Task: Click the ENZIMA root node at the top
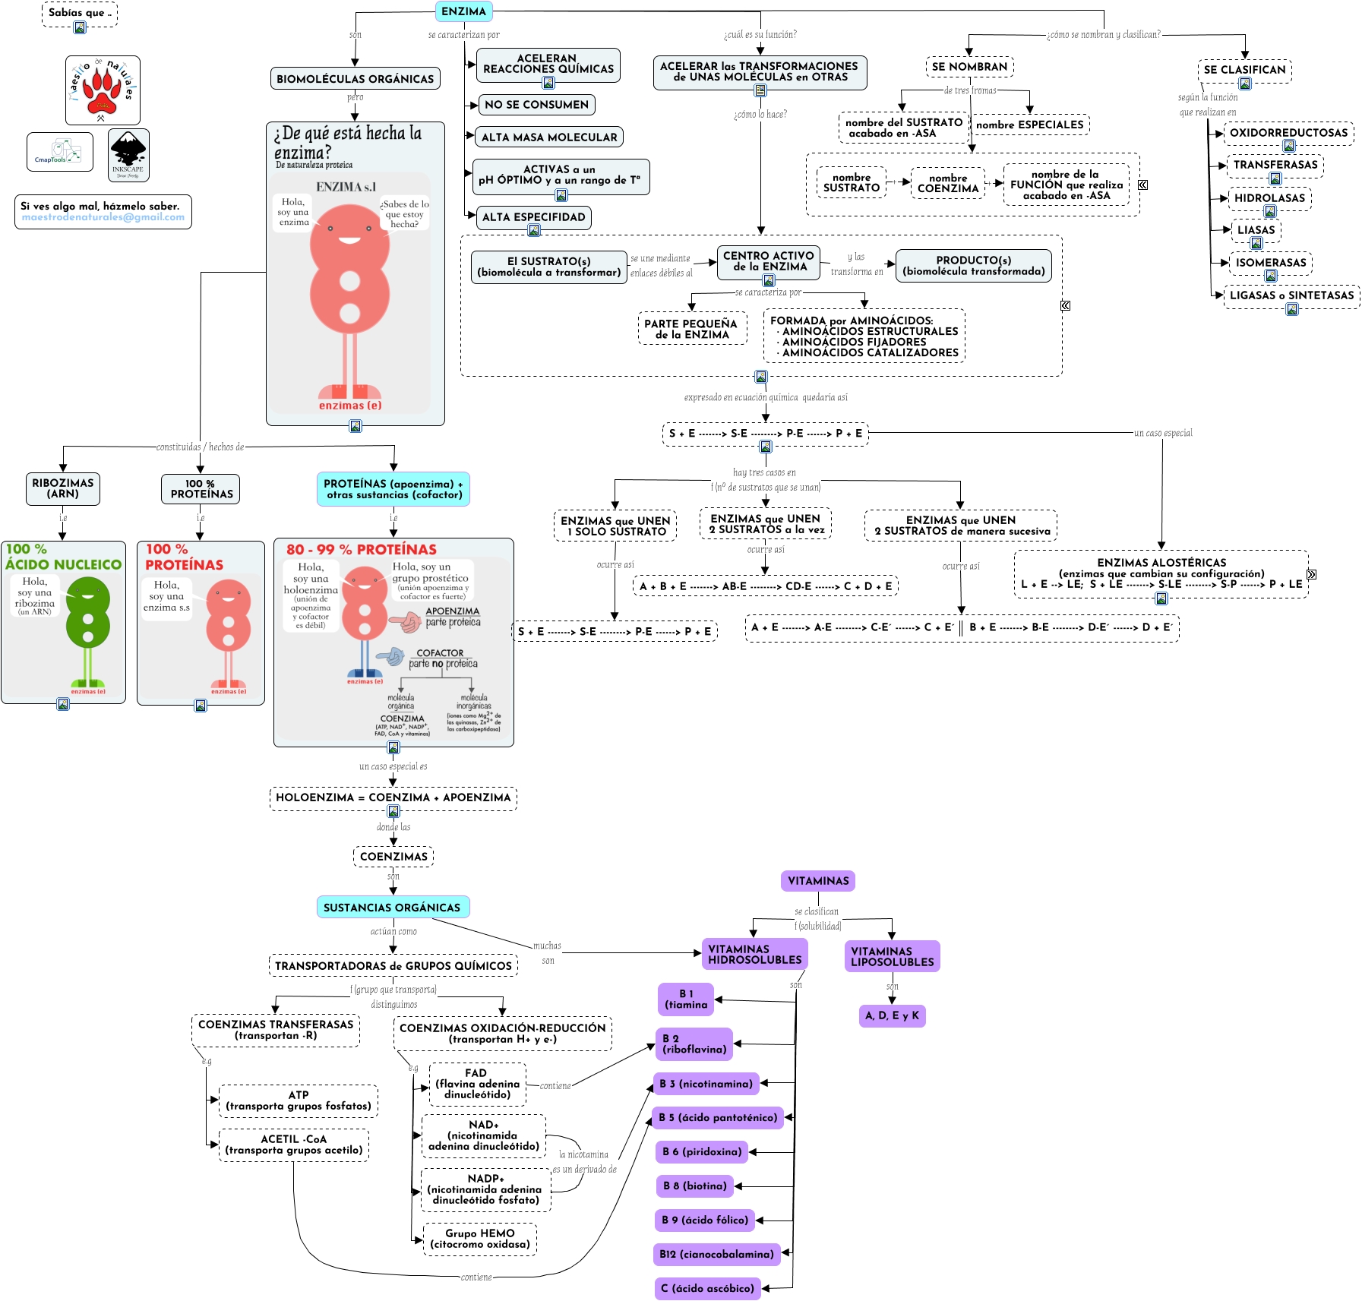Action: coord(463,11)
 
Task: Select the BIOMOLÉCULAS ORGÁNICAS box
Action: coord(355,79)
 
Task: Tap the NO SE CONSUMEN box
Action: coord(536,105)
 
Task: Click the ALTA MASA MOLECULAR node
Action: coord(548,137)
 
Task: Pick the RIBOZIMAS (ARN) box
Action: coord(63,488)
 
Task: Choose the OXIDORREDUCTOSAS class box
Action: coord(1288,133)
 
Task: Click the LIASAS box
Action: coord(1256,230)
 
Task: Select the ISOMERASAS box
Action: coord(1270,263)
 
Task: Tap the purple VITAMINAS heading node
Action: coord(818,881)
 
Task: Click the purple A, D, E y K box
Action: coord(892,1015)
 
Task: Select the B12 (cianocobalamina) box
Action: coord(716,1254)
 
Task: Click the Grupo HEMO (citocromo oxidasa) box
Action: coord(479,1239)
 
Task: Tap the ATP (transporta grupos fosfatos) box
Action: coord(299,1100)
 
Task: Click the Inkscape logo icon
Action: coord(128,154)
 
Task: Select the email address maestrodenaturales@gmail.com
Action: coord(103,217)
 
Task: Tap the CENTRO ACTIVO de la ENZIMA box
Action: coord(768,261)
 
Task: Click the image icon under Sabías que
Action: coord(80,27)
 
